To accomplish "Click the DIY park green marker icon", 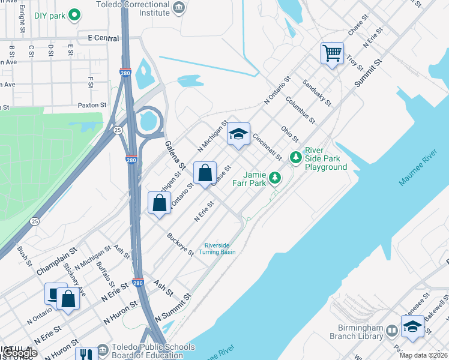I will (74, 14).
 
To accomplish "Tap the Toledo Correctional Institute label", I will (133, 7).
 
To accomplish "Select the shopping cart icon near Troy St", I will (332, 53).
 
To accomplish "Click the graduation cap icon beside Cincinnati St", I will (238, 134).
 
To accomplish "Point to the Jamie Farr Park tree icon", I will (275, 177).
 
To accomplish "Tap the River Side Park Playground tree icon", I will (295, 157).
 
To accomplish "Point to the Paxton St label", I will (92, 104).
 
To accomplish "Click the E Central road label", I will (104, 37).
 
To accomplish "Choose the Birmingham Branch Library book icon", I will (392, 331).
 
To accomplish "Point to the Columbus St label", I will (300, 110).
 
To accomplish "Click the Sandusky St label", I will (316, 92).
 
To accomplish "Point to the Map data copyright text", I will (423, 355).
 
